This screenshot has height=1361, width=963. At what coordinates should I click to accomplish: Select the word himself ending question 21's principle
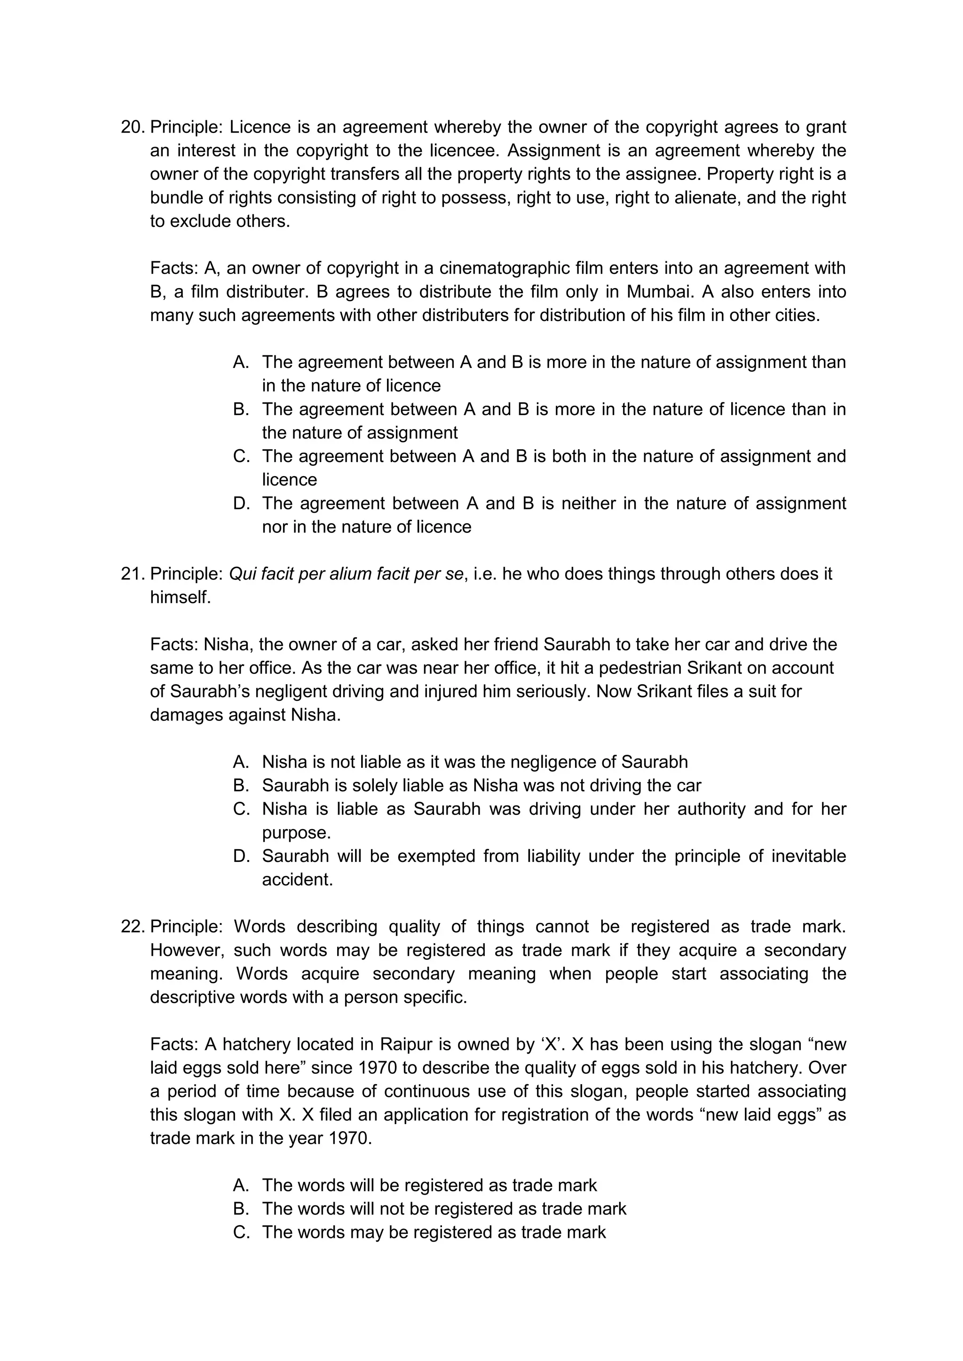(180, 597)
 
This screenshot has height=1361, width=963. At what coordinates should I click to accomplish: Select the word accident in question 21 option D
(297, 880)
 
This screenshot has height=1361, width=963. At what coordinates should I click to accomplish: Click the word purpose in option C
(296, 833)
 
